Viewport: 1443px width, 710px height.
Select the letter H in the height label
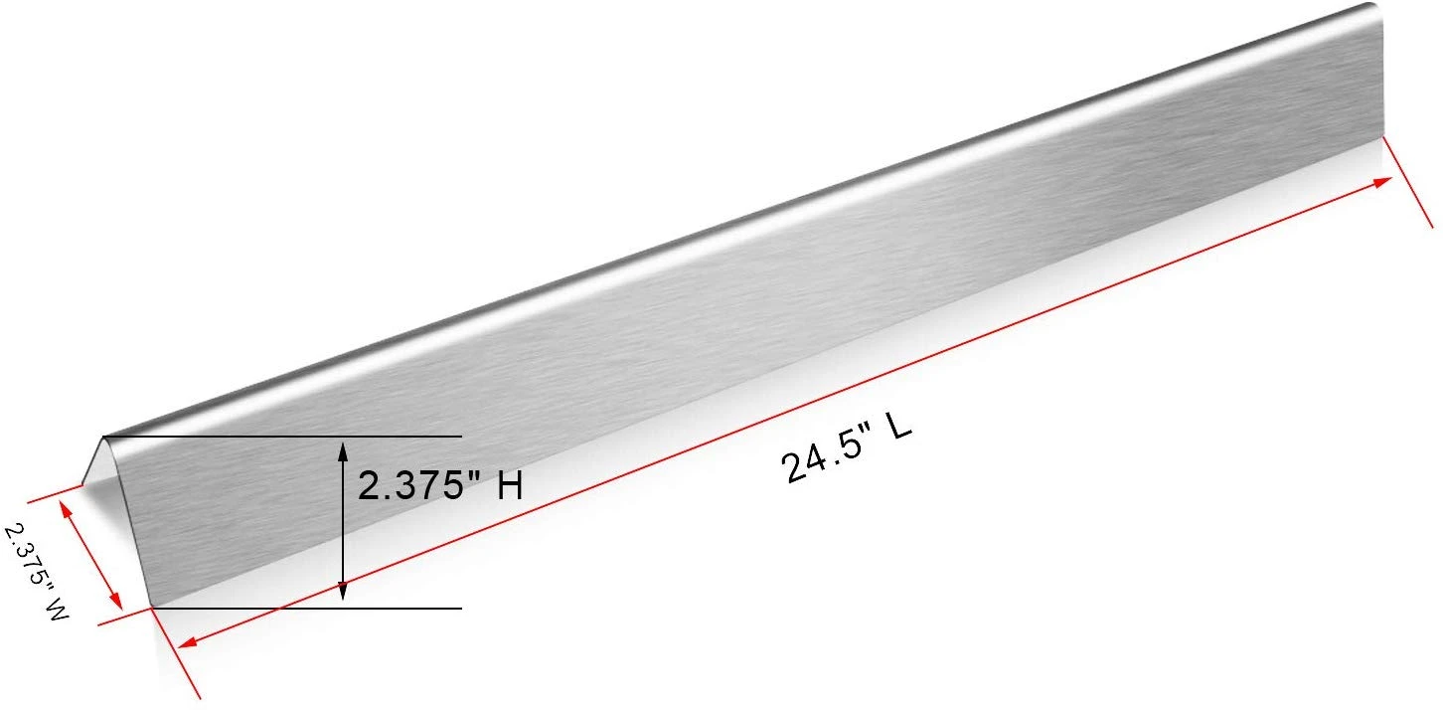pyautogui.click(x=510, y=485)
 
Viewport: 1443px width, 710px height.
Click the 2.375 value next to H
pyautogui.click(x=410, y=485)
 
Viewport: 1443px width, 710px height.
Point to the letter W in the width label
pyautogui.click(x=57, y=610)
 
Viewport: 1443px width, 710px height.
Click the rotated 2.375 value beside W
pyautogui.click(x=26, y=555)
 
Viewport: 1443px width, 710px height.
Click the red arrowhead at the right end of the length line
pyautogui.click(x=1382, y=183)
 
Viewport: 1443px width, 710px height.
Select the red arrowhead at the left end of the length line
pyautogui.click(x=187, y=641)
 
